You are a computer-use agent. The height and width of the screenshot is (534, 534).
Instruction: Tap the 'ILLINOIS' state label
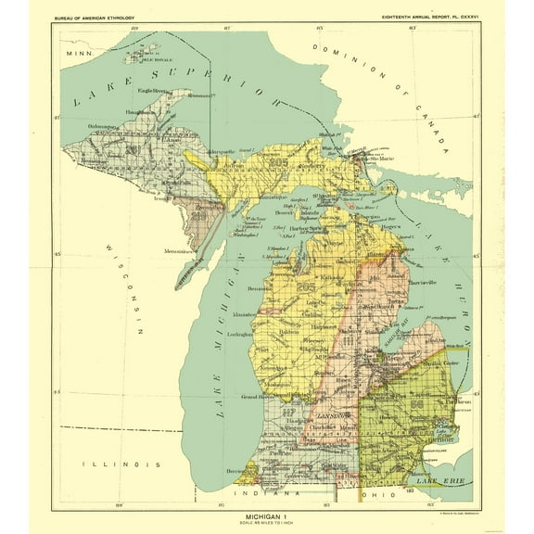pyautogui.click(x=108, y=462)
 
